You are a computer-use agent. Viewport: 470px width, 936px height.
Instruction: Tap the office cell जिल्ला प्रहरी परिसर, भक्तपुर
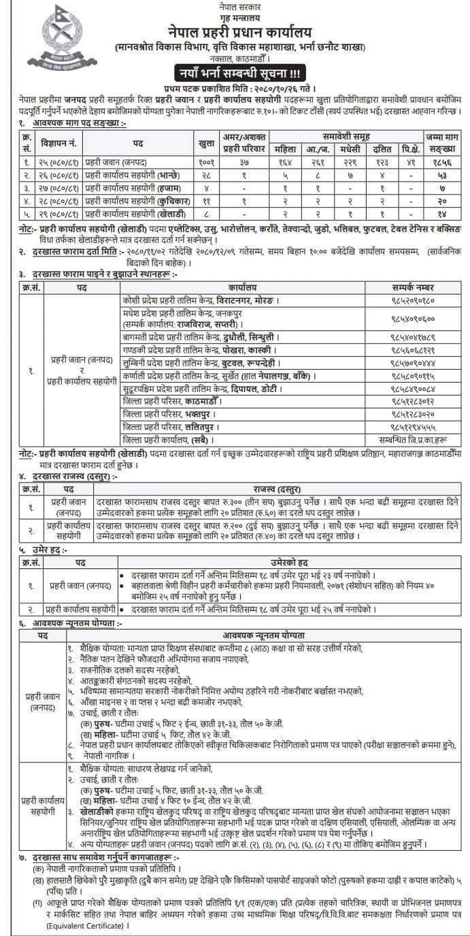coord(171,414)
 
